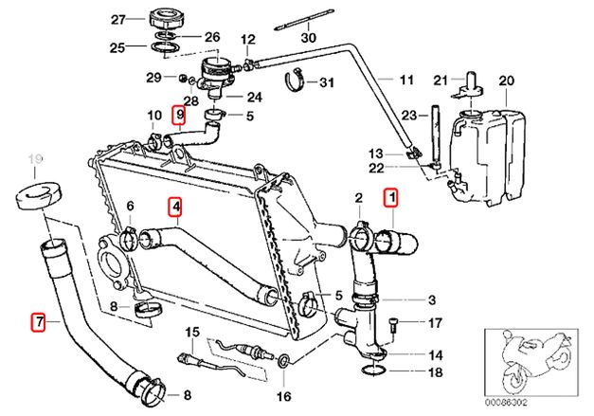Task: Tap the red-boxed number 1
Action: click(x=391, y=198)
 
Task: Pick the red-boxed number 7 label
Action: click(x=39, y=321)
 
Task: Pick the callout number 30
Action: click(x=306, y=39)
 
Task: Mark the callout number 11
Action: click(x=405, y=81)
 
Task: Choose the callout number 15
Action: click(x=193, y=332)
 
